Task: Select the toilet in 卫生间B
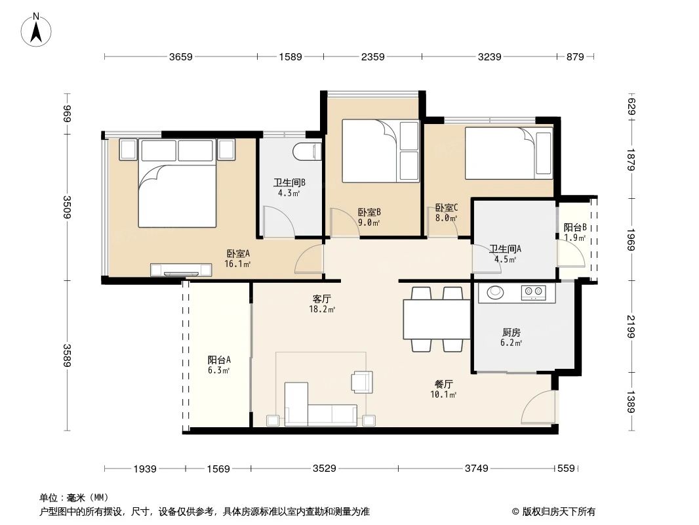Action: (x=306, y=152)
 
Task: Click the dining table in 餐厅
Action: (x=436, y=318)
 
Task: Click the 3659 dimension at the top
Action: (x=180, y=57)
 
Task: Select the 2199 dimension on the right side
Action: (x=631, y=326)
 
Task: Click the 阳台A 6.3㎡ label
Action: (x=219, y=365)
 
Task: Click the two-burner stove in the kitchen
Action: (x=534, y=292)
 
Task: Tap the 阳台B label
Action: (x=574, y=232)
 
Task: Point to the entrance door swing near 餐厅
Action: (x=539, y=408)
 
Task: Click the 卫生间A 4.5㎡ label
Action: (x=505, y=253)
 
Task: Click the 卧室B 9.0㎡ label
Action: (x=369, y=217)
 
